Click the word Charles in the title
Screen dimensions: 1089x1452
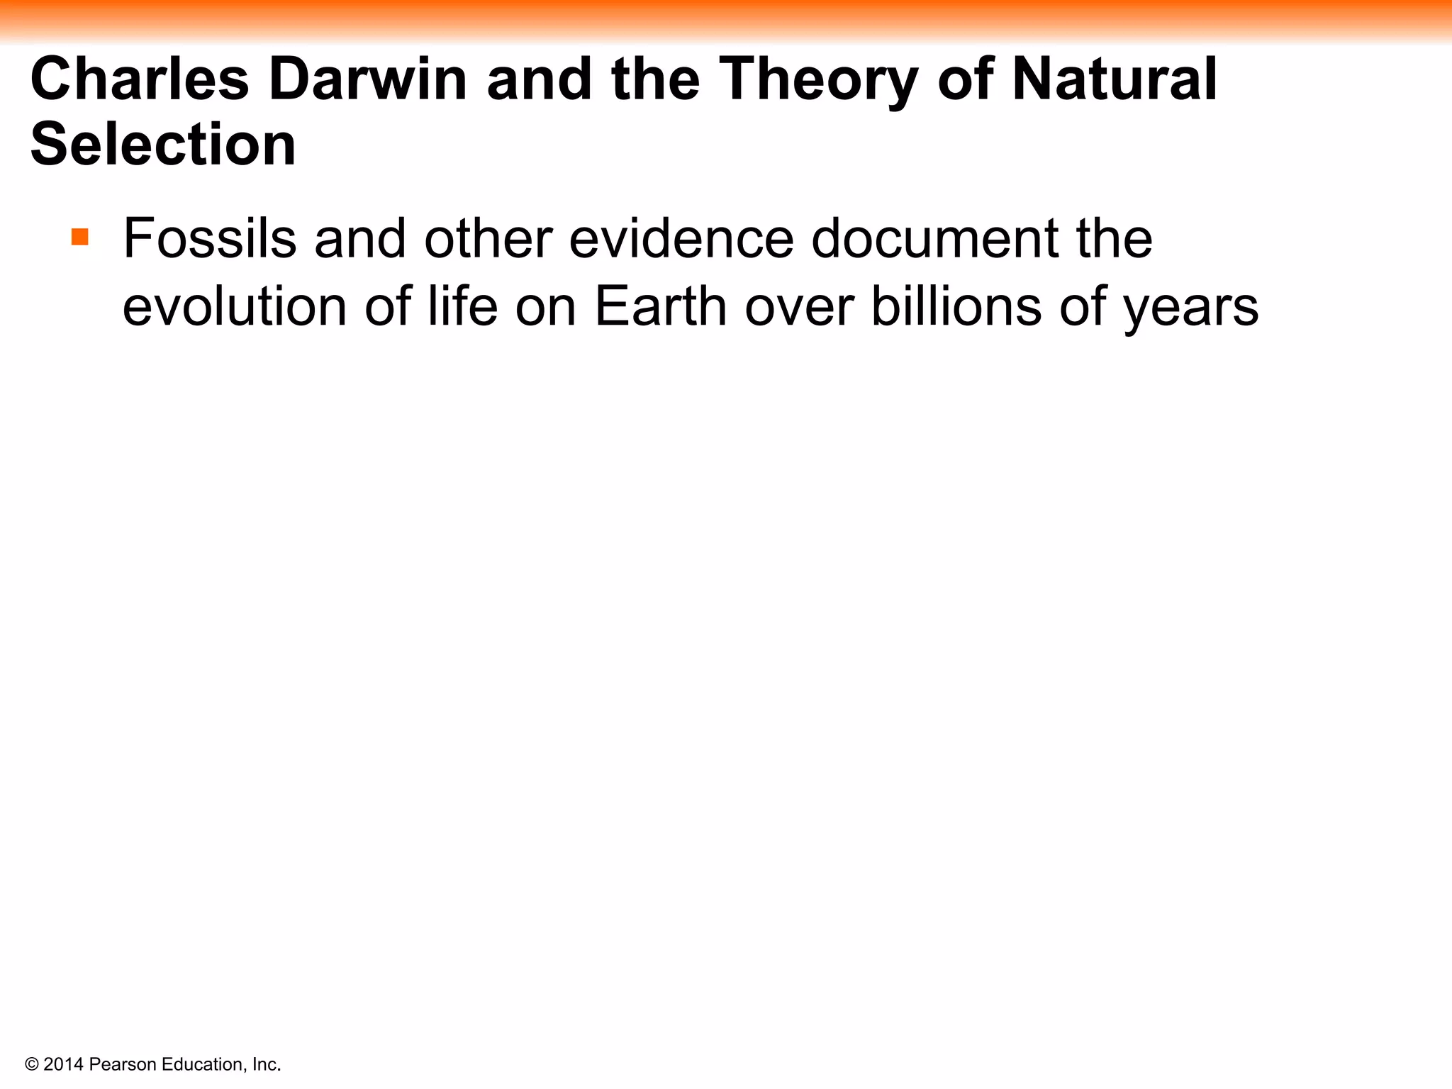[140, 79]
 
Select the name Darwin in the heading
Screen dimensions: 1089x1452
[367, 79]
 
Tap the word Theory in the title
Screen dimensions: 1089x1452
[819, 80]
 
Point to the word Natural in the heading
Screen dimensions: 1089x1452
[1115, 79]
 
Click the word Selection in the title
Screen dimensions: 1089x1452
[163, 144]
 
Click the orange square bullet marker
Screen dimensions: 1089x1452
[80, 237]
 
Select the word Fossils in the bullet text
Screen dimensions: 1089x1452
[210, 238]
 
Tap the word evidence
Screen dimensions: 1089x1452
[681, 238]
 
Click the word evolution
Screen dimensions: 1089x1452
[235, 306]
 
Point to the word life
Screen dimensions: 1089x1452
[462, 306]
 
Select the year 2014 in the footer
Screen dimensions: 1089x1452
[64, 1064]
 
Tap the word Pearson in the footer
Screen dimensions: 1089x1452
[123, 1064]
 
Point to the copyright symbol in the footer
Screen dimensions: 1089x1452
[32, 1064]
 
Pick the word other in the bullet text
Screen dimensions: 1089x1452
[488, 238]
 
